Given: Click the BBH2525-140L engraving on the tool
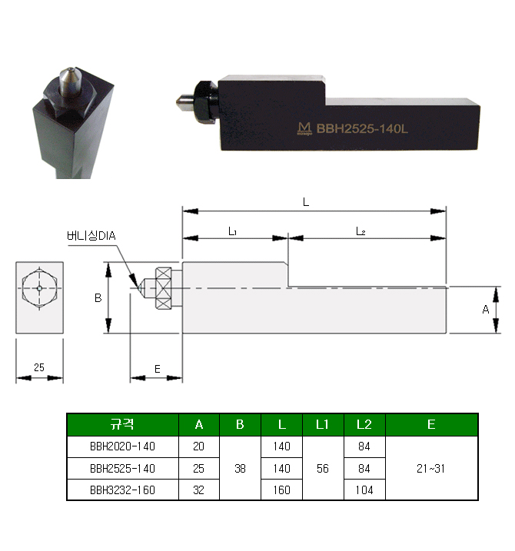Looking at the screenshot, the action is click(x=362, y=128).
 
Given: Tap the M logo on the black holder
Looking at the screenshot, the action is click(x=304, y=128).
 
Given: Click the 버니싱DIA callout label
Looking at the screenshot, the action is click(x=91, y=235).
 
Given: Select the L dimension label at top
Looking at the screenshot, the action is click(x=306, y=202).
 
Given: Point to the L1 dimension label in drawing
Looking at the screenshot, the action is click(x=232, y=231).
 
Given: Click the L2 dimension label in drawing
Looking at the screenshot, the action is click(x=360, y=231).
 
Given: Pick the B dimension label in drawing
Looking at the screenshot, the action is click(x=98, y=298).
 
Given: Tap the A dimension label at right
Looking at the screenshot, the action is click(x=486, y=310).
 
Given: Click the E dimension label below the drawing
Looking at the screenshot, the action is click(x=157, y=369).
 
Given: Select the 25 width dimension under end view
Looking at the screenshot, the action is click(x=39, y=367).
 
